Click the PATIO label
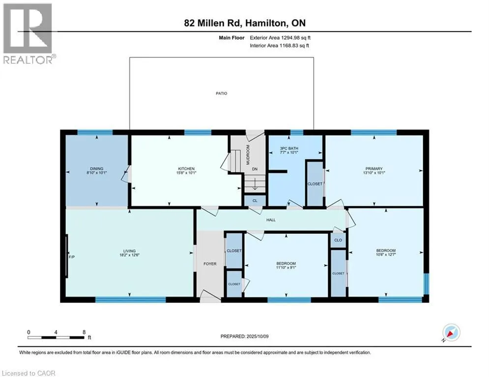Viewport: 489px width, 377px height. [x=222, y=93]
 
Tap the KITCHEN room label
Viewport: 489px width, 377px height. [x=186, y=168]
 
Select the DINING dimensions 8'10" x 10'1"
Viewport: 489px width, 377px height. [x=97, y=172]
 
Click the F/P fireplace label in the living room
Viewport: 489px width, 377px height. [x=72, y=257]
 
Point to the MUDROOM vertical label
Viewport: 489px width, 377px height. [x=248, y=155]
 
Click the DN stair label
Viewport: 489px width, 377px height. [x=255, y=169]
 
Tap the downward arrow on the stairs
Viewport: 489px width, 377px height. [x=255, y=184]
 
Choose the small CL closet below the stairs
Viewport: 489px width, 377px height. [x=255, y=201]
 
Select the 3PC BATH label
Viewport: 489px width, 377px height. [x=289, y=148]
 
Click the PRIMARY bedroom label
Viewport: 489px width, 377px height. [x=374, y=168]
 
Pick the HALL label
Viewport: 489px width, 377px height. [x=271, y=220]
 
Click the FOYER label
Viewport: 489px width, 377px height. [x=210, y=264]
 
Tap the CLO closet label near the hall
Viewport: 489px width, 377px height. [x=338, y=240]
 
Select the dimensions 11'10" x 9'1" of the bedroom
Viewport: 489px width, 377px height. [x=286, y=268]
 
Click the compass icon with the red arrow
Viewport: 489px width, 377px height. [x=451, y=332]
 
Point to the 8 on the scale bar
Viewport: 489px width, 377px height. [x=84, y=332]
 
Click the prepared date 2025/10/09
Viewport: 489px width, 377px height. [x=258, y=336]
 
